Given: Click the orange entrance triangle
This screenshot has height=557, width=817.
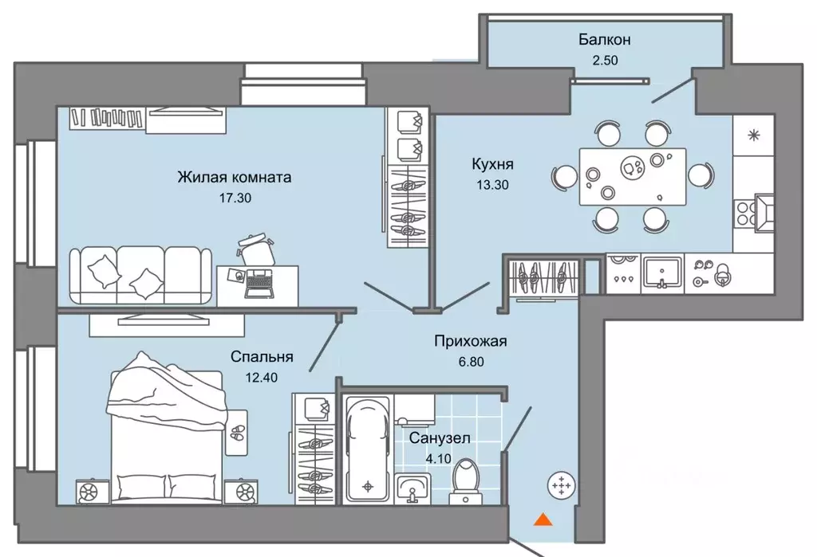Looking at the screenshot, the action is pyautogui.click(x=543, y=519).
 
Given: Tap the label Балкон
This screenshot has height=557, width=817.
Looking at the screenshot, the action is pyautogui.click(x=605, y=40).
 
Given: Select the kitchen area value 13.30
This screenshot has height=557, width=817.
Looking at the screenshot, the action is pyautogui.click(x=492, y=185).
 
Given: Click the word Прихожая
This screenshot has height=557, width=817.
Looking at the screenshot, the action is pyautogui.click(x=471, y=342).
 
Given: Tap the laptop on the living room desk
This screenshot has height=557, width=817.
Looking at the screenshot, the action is pyautogui.click(x=259, y=284).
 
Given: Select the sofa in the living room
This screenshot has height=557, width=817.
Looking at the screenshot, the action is pyautogui.click(x=140, y=276).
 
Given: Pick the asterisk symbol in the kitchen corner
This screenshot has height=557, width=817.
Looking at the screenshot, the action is pyautogui.click(x=753, y=135).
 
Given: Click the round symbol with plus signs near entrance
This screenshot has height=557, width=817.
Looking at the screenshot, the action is pyautogui.click(x=562, y=485).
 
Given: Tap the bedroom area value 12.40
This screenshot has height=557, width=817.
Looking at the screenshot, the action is pyautogui.click(x=261, y=378).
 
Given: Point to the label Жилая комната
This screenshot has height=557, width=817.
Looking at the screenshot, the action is pyautogui.click(x=235, y=178).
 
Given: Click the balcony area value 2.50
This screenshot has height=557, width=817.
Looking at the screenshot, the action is pyautogui.click(x=605, y=61).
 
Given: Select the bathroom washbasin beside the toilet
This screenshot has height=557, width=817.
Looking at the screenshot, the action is pyautogui.click(x=412, y=488).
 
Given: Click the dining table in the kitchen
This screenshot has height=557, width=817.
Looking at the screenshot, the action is pyautogui.click(x=633, y=176).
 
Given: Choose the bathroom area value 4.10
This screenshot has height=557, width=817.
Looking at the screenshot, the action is pyautogui.click(x=438, y=459).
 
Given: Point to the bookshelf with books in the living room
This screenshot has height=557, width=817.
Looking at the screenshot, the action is pyautogui.click(x=108, y=118).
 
